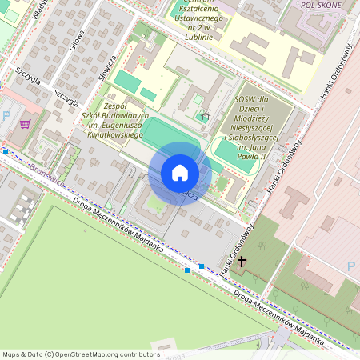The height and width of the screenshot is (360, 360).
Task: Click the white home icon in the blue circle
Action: pos(180,173)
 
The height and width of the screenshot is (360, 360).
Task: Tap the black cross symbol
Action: pos(242,261)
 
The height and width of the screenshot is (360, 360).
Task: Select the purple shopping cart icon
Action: pos(25,124)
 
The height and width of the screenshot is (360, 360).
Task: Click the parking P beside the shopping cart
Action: pos(7,117)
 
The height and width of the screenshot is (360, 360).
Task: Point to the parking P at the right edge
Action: pos(351,266)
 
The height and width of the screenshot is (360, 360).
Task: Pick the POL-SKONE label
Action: pos(321,4)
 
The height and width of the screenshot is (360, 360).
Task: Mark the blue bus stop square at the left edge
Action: pos(6,151)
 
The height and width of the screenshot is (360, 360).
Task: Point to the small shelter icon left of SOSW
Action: pos(205,116)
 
